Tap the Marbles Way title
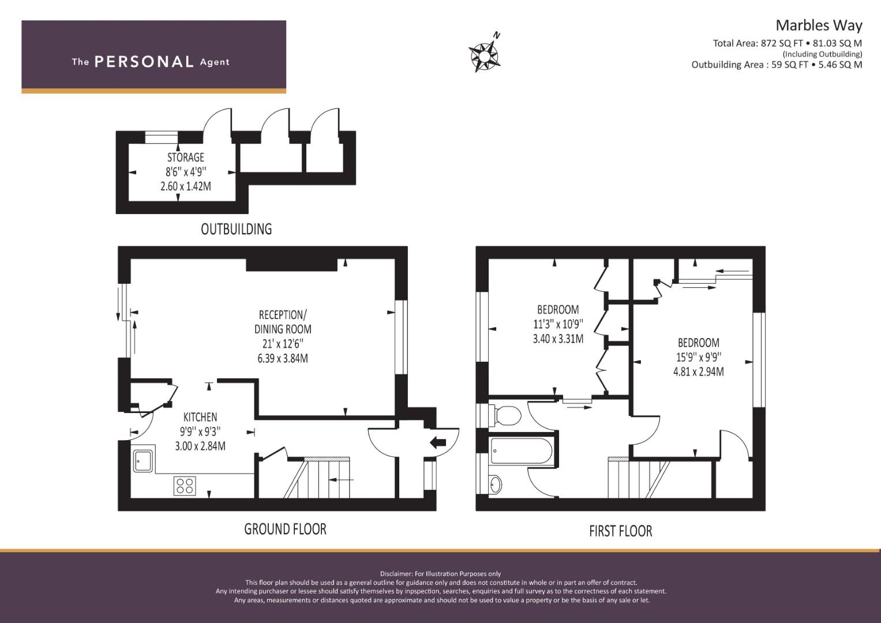[819, 25]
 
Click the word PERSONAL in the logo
[144, 62]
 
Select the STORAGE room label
[186, 157]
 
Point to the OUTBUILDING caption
[236, 229]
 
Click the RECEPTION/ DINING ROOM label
[282, 322]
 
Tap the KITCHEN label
[200, 417]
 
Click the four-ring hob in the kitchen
[185, 485]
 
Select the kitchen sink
[144, 459]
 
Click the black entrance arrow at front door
[438, 442]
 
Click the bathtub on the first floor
[522, 451]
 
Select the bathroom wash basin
[495, 484]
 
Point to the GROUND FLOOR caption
[285, 529]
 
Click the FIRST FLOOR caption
[621, 531]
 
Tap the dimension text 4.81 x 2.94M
[699, 371]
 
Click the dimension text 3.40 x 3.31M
[558, 339]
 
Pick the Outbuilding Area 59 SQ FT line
[777, 65]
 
